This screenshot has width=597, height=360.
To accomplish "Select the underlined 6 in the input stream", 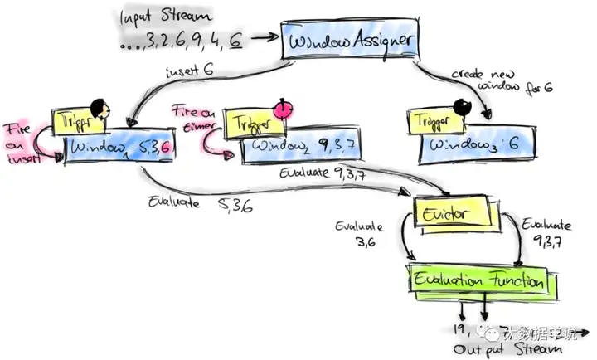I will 236,37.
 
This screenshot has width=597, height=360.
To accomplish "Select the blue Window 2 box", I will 299,148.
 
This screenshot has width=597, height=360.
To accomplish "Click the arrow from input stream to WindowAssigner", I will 264,37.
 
